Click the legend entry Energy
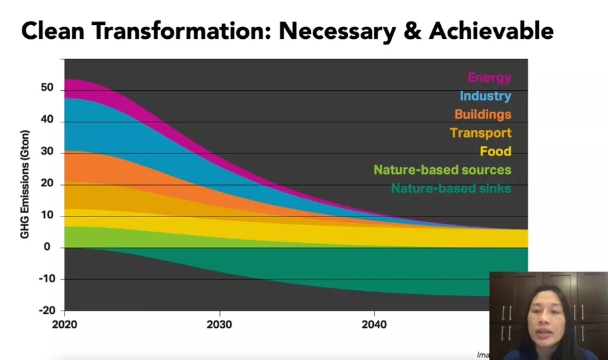click(490, 78)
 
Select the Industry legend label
click(486, 96)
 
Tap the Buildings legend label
click(483, 114)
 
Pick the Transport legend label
click(481, 133)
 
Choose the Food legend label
click(495, 151)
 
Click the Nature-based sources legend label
click(442, 170)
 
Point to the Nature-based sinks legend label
click(451, 188)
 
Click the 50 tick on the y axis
click(47, 88)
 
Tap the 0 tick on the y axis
click(47, 247)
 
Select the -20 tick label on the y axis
click(47, 311)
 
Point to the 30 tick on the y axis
click(47, 151)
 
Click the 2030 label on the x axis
click(219, 324)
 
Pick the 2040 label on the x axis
click(374, 324)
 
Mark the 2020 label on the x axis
click(64, 324)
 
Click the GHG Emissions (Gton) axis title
click(24, 184)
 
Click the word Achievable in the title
click(492, 31)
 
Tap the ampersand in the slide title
click(412, 31)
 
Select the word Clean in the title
click(53, 31)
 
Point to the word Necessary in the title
click(338, 32)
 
